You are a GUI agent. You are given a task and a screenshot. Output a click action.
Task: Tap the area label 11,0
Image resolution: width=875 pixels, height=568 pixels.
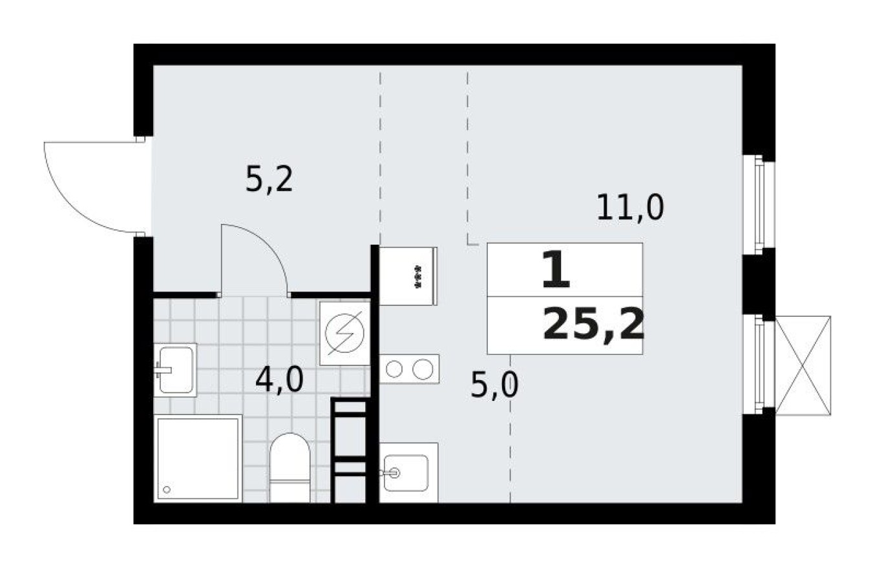pyautogui.click(x=630, y=208)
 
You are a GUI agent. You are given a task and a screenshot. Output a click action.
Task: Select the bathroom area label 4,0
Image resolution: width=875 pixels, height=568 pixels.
pyautogui.click(x=279, y=380)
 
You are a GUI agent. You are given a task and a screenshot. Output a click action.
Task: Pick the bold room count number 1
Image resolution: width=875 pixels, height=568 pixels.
pyautogui.click(x=556, y=271)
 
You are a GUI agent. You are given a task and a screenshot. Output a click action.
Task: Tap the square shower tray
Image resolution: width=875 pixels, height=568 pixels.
pyautogui.click(x=198, y=458)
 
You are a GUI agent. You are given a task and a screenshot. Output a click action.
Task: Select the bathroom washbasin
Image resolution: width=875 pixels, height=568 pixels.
pyautogui.click(x=175, y=369)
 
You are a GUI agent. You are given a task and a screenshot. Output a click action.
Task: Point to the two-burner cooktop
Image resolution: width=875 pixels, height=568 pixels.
pyautogui.click(x=409, y=369)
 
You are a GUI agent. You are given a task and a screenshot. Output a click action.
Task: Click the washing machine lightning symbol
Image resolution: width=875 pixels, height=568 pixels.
pyautogui.click(x=345, y=333)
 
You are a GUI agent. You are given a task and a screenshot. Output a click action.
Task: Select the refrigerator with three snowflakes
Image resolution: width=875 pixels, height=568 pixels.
pyautogui.click(x=409, y=275)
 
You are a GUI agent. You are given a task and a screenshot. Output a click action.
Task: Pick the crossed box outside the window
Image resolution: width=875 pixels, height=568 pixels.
pyautogui.click(x=803, y=365)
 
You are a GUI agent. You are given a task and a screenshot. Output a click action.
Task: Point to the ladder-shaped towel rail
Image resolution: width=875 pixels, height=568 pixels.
pyautogui.click(x=349, y=450)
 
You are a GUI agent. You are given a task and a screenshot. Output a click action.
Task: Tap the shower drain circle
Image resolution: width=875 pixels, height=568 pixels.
pyautogui.click(x=168, y=489)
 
